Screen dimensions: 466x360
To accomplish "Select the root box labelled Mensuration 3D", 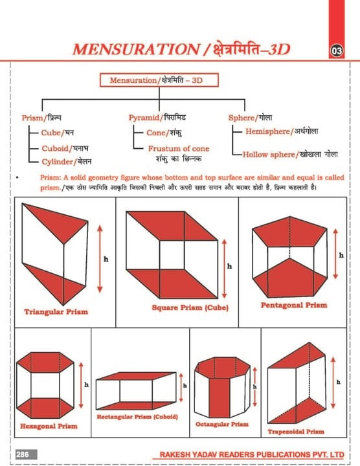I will pos(159,81).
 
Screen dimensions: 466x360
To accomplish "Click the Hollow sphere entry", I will pos(289,155).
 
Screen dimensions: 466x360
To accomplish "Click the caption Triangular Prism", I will pos(56,311).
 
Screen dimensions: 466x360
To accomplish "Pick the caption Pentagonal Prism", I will pos(294,304).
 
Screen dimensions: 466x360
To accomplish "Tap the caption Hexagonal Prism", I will pos(49,427).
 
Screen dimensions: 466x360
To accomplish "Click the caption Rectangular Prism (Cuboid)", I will pos(137,416).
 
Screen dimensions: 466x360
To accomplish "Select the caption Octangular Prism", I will pos(221,424).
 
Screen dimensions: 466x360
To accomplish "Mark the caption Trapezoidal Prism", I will pos(296,431).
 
